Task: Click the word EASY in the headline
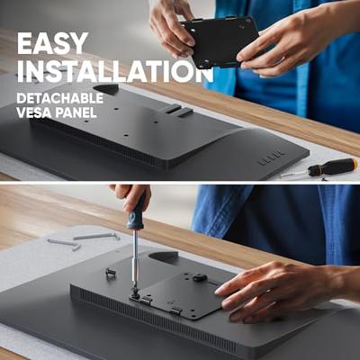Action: coord(52,43)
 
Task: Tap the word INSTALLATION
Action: coord(115,71)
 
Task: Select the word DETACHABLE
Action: coord(60,98)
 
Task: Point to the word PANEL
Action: coord(76,112)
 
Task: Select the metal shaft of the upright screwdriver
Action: coord(136,259)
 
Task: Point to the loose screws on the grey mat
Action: coord(84,240)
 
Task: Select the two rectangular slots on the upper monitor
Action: coord(176,111)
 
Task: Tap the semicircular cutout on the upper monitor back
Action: coord(106,89)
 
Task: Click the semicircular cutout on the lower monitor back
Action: coord(163,257)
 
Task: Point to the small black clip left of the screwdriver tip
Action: coord(111,273)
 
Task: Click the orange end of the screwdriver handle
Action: coord(355,164)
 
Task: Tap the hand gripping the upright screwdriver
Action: coord(131,196)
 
